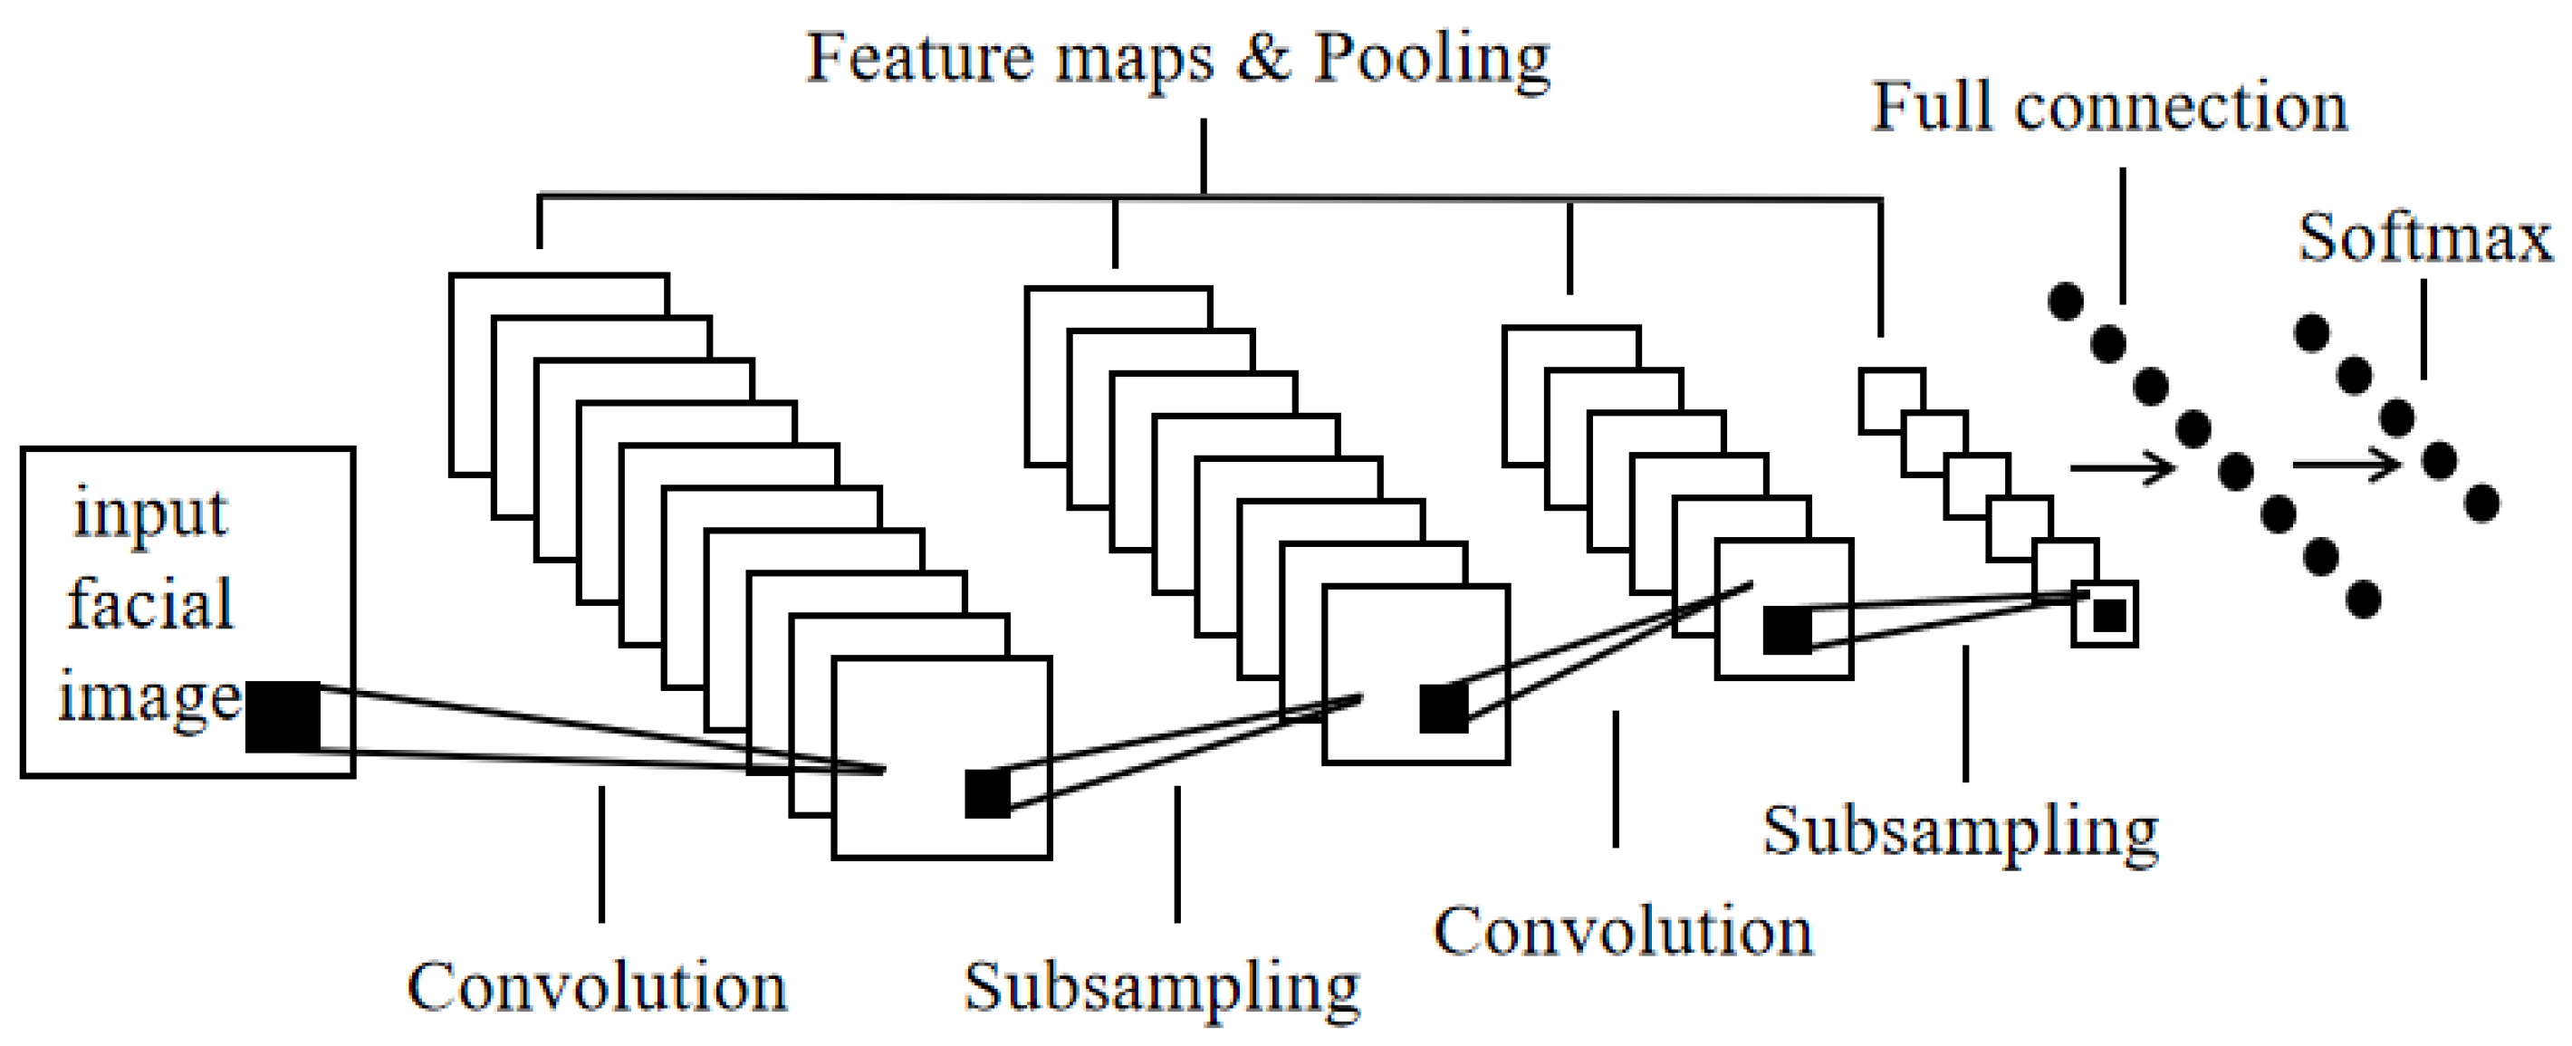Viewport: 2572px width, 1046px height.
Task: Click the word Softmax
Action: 2424,240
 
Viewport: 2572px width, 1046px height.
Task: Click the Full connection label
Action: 2108,107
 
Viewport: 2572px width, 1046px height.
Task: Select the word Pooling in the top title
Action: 1432,58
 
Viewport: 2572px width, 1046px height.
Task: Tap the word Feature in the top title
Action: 918,57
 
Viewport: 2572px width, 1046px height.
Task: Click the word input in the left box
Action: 149,515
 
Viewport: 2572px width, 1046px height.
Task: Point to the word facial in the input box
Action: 149,604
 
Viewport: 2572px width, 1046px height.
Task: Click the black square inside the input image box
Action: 283,716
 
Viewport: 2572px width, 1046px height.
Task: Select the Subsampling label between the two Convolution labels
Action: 1161,988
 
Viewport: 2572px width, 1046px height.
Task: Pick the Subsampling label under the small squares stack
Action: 1960,831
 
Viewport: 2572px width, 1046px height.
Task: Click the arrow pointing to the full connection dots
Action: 2122,466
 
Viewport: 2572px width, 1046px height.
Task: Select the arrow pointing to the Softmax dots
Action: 2346,464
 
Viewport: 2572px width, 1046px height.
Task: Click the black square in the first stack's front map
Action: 986,793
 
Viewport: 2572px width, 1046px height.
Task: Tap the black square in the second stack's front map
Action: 1444,708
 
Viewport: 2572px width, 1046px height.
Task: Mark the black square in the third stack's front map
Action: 1787,629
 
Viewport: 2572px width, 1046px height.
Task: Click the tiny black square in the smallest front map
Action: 2108,615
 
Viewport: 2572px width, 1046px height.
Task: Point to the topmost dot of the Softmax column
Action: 2312,332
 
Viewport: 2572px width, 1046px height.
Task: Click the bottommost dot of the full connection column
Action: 2364,600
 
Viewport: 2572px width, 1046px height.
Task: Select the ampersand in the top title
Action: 1263,57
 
